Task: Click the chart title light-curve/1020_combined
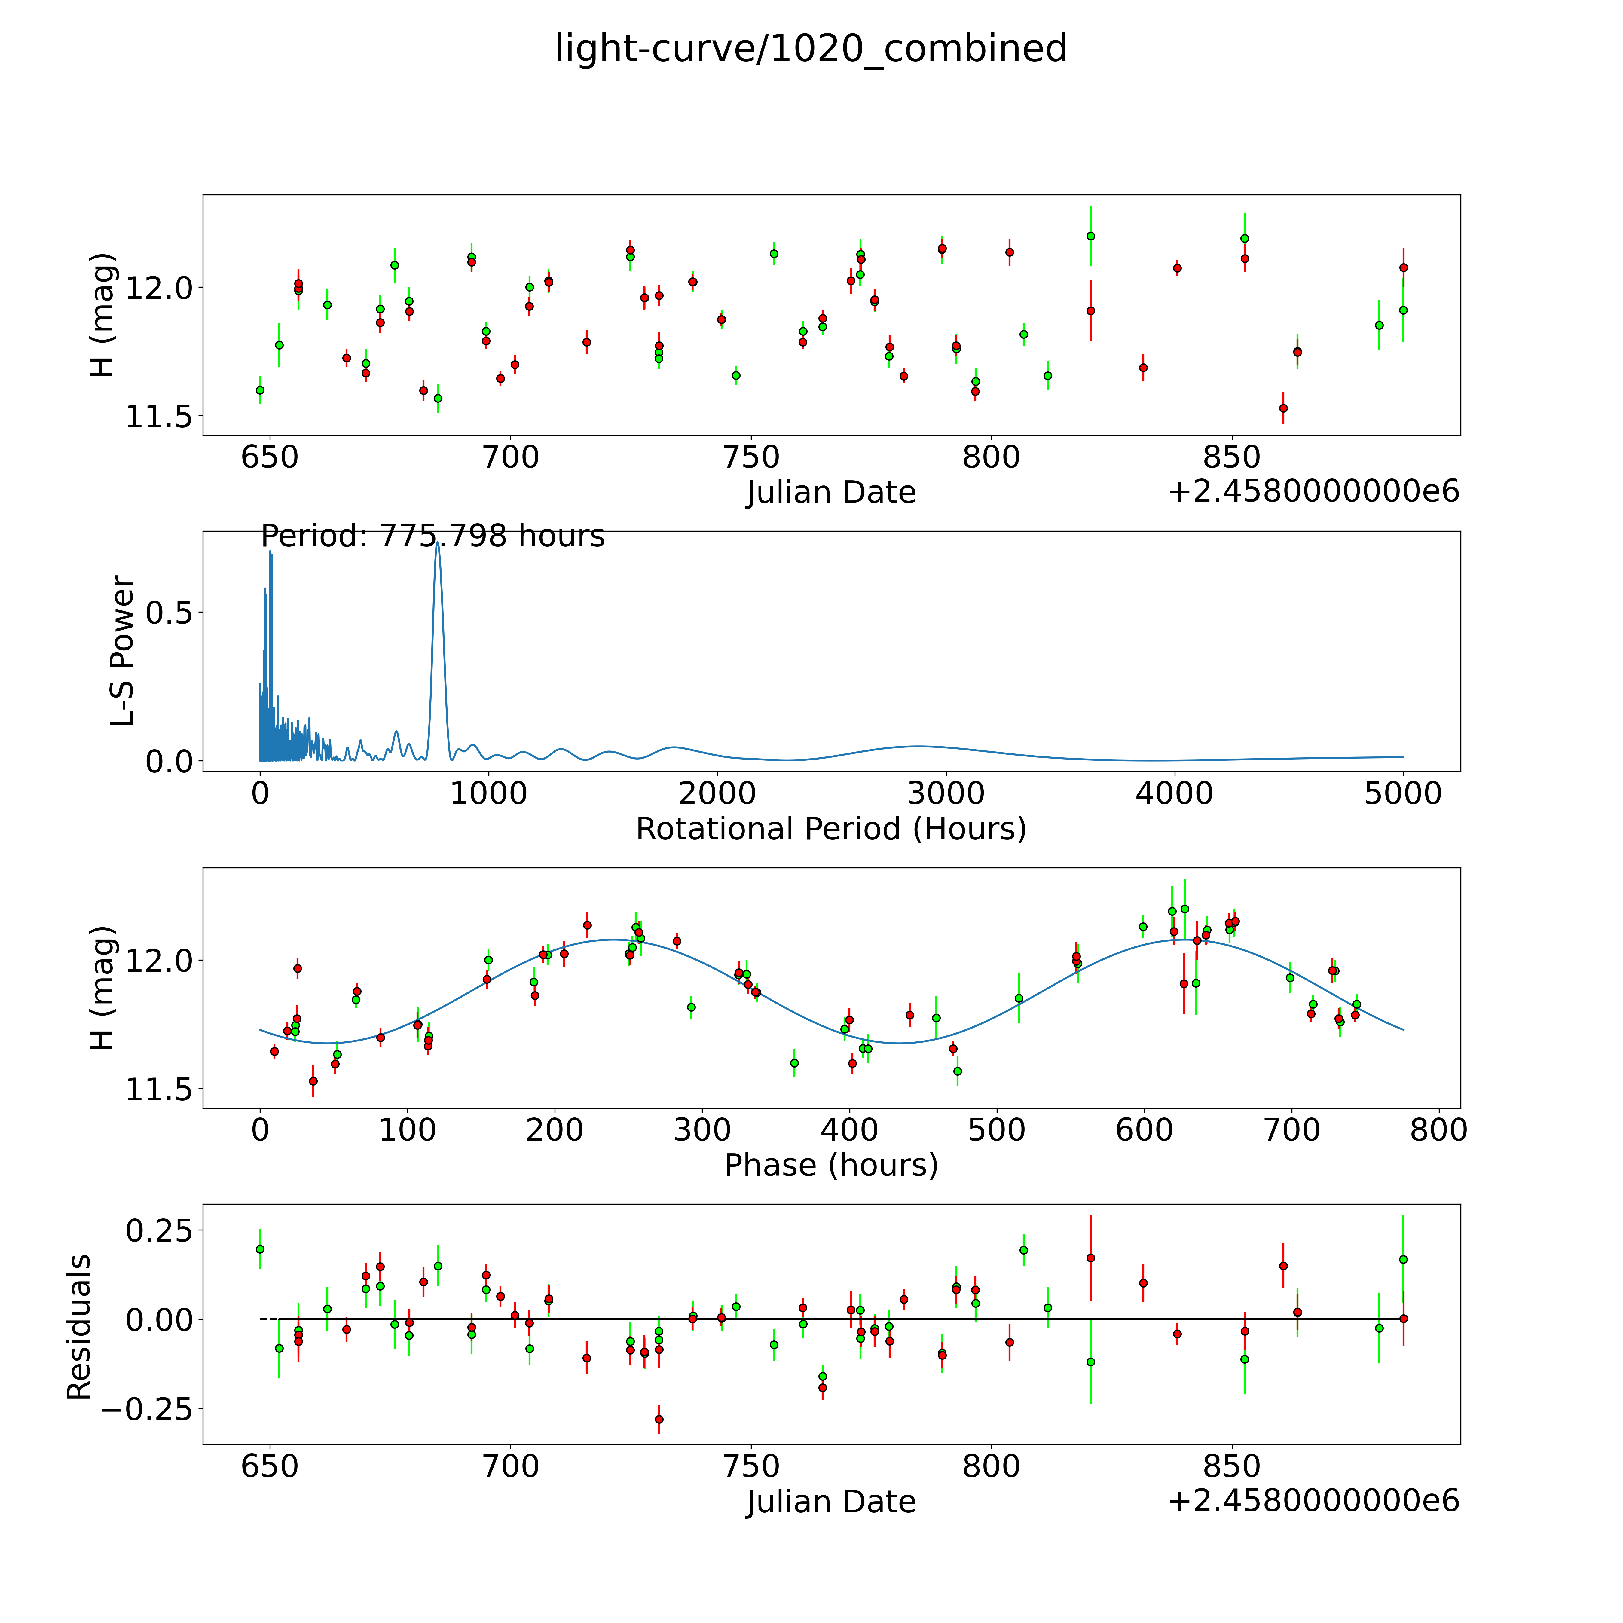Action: [x=811, y=49]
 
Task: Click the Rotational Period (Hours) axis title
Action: [x=831, y=829]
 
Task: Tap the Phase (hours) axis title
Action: [x=831, y=1165]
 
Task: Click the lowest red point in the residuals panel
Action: [x=659, y=1419]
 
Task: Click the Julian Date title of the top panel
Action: [x=831, y=492]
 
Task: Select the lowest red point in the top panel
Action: [x=1283, y=408]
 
